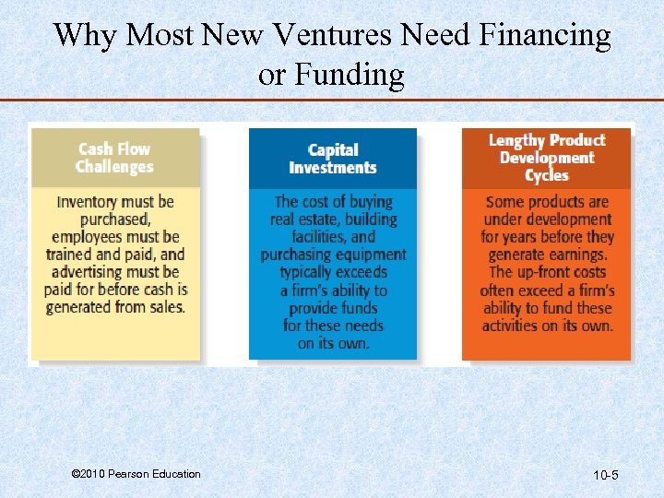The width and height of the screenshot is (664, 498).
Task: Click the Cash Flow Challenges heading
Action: pos(114,158)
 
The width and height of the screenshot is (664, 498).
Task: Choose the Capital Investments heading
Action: pos(332,159)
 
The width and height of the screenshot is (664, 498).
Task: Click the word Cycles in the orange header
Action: pos(546,175)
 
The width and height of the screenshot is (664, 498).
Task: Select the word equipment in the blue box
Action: pos(372,255)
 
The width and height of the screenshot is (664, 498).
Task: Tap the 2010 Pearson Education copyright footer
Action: pos(136,474)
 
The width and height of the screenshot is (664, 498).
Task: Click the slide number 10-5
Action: pos(605,476)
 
